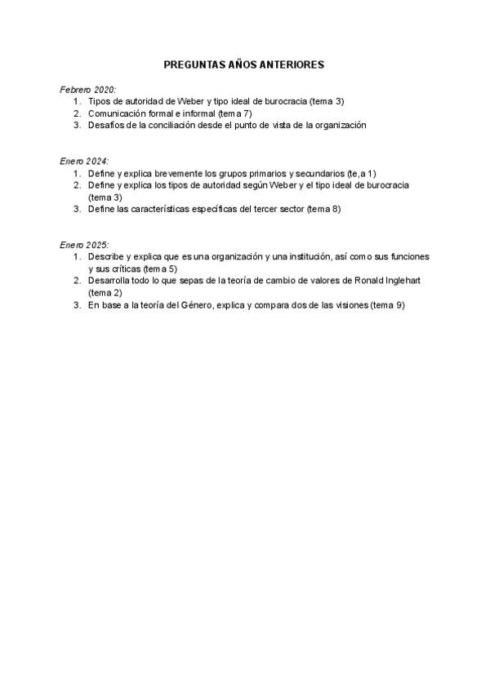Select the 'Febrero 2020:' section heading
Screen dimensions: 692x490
tap(88, 89)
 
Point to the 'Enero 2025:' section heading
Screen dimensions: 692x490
tap(84, 245)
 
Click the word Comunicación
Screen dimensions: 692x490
tap(116, 113)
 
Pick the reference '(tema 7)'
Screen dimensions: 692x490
tap(237, 113)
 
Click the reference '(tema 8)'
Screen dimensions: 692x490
tap(323, 209)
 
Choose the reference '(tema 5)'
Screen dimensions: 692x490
tap(160, 268)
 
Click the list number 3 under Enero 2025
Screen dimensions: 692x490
tap(76, 305)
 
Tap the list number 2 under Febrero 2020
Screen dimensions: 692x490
tap(76, 113)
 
